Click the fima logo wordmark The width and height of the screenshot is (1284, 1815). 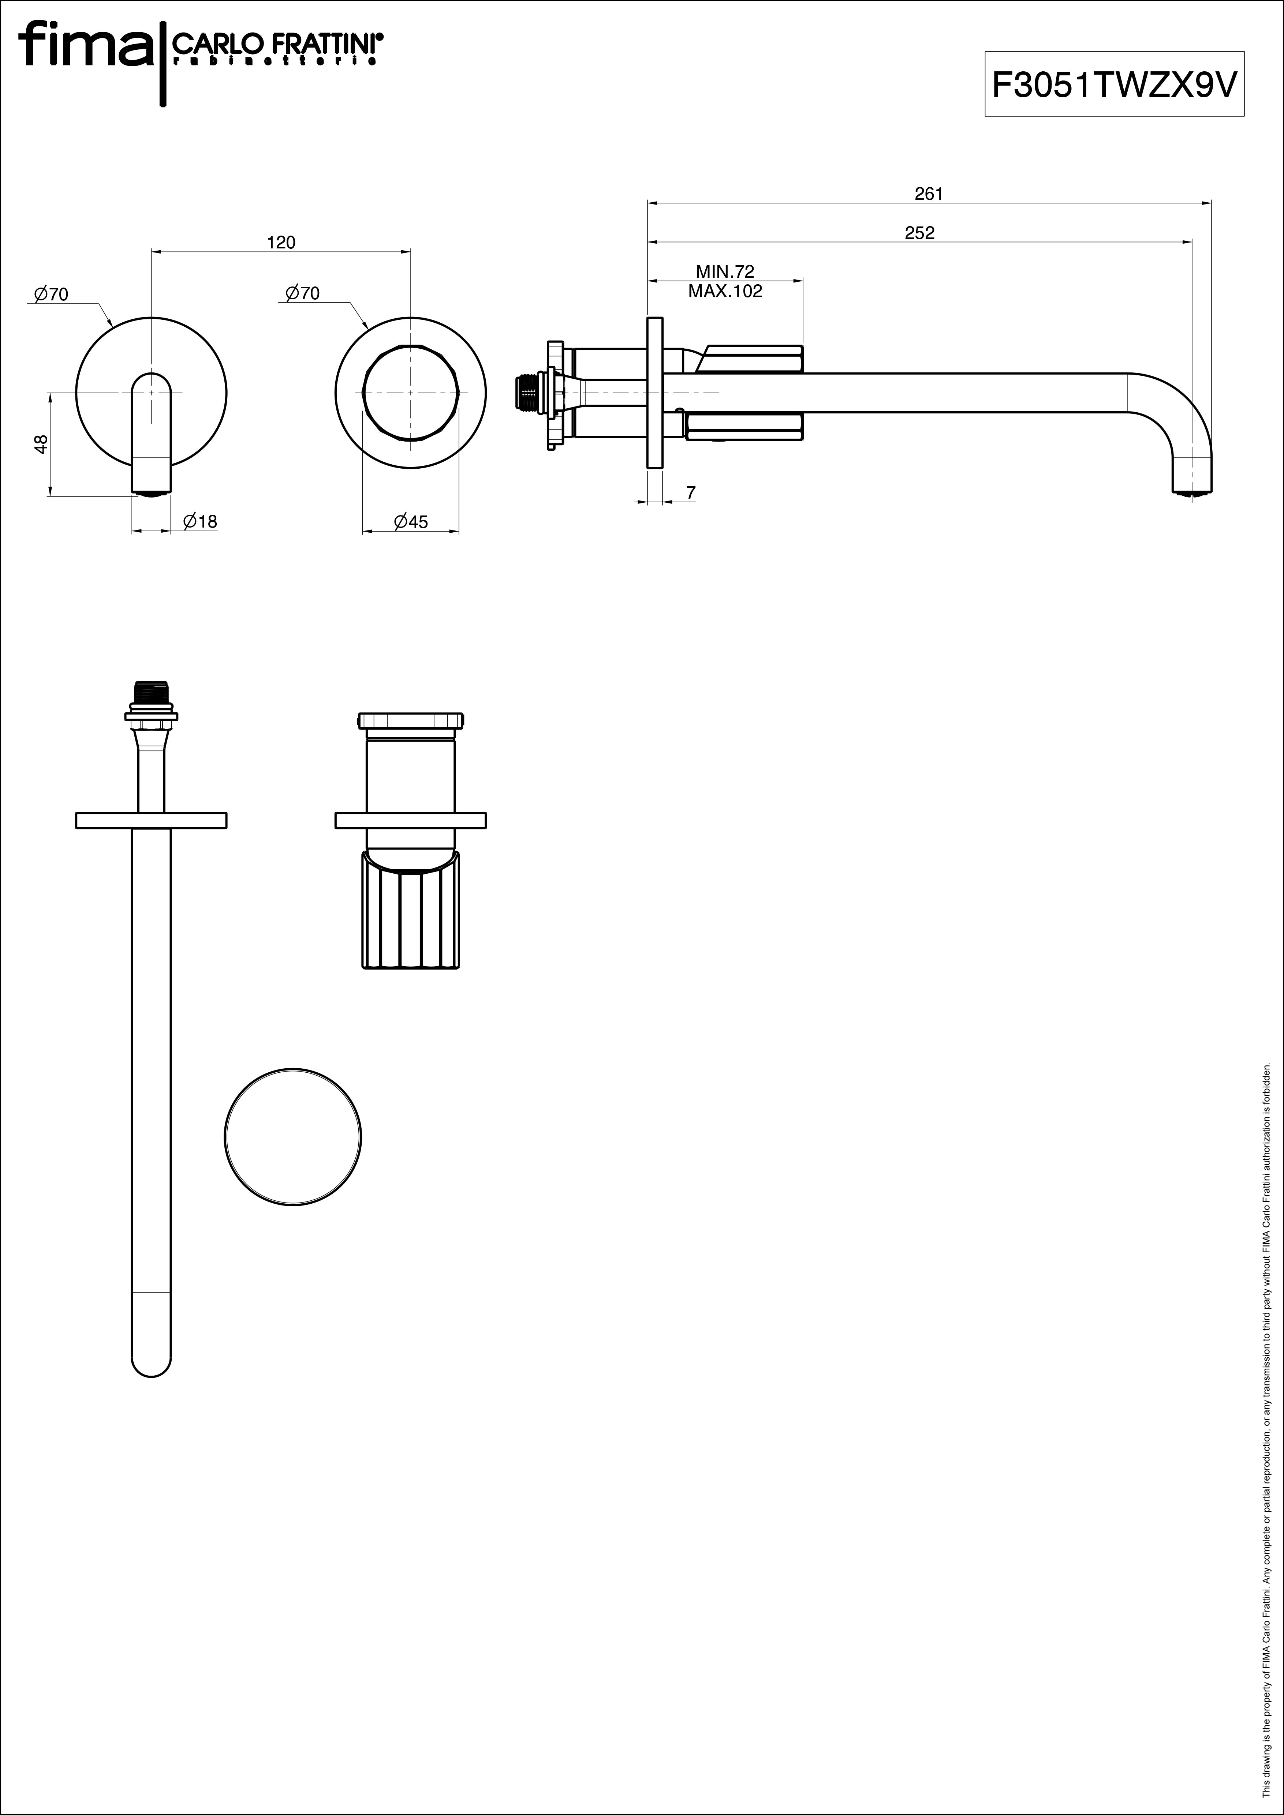coord(87,46)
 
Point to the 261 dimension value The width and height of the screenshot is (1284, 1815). coord(929,194)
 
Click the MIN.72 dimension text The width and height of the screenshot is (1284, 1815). coord(725,272)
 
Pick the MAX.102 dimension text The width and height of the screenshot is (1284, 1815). coord(725,291)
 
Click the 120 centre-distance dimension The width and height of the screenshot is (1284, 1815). coord(281,243)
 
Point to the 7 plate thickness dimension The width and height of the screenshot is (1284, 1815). coord(691,492)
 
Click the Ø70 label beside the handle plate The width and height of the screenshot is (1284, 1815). coord(303,293)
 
